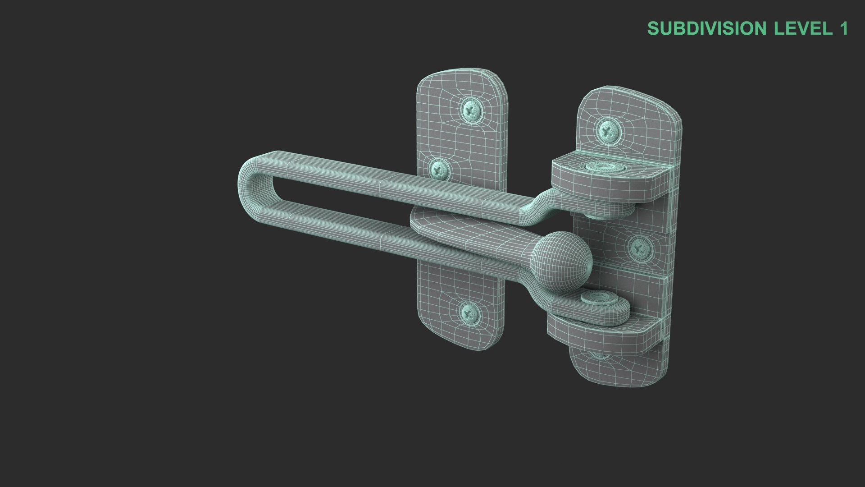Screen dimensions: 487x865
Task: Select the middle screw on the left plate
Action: click(438, 170)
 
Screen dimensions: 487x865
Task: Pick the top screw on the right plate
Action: click(609, 131)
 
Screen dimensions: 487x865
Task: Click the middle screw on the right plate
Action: click(639, 248)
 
